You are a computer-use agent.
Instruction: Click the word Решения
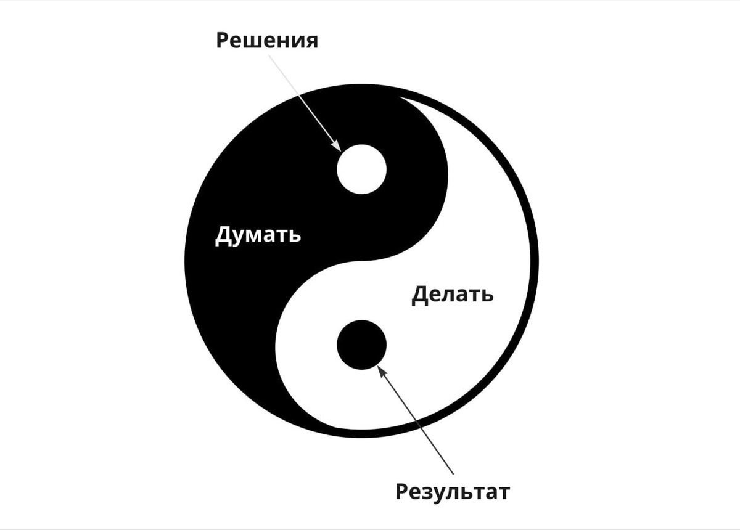[267, 41]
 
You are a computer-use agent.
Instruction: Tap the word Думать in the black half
[258, 235]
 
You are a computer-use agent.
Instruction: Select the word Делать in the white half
[452, 294]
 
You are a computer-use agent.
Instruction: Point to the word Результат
[452, 492]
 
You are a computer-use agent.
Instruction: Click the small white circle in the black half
[361, 169]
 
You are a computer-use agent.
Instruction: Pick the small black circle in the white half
[361, 345]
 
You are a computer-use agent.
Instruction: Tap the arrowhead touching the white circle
[337, 147]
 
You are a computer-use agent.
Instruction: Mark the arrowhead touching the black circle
[382, 370]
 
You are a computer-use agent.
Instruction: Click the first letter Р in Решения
[223, 41]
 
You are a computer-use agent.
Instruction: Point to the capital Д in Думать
[223, 235]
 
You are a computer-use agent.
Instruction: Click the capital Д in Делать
[420, 295]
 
